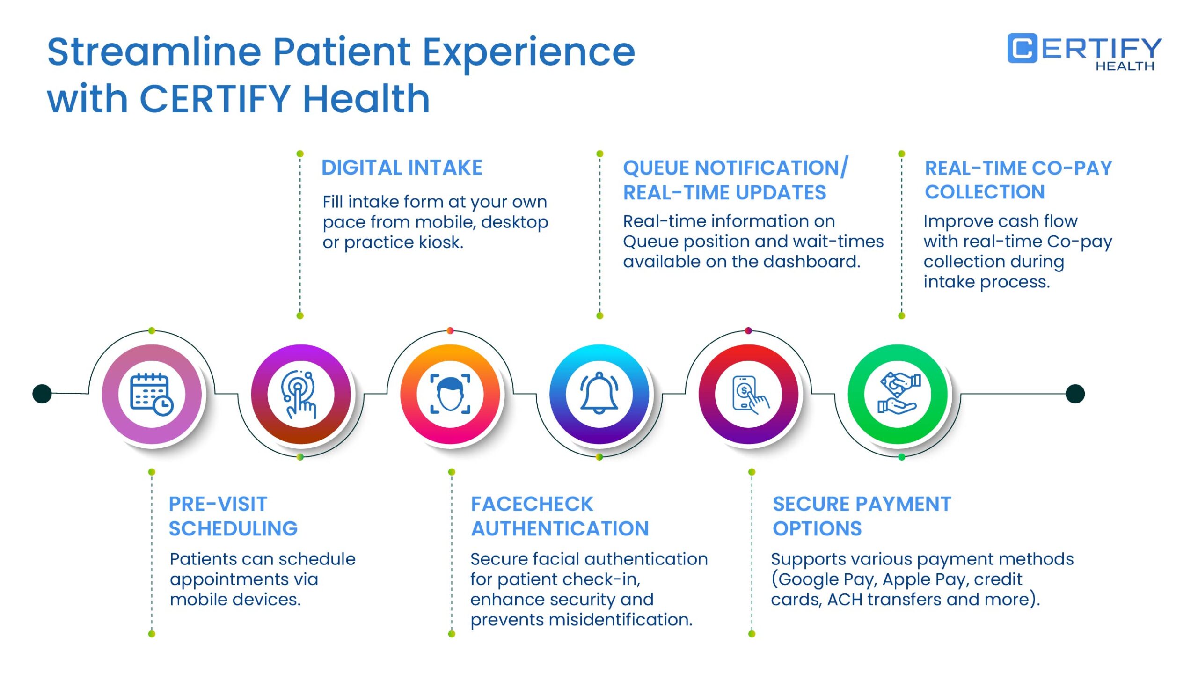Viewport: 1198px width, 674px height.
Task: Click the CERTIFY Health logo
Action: click(1084, 52)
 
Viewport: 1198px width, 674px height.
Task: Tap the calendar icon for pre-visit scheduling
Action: click(152, 394)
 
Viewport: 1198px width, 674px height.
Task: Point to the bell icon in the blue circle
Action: click(599, 393)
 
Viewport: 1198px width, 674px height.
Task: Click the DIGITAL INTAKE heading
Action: click(402, 168)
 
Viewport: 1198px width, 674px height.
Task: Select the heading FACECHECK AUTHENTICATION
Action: click(560, 516)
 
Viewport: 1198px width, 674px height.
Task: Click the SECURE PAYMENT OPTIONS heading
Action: click(862, 516)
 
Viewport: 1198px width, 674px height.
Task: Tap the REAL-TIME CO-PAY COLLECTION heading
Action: click(1018, 180)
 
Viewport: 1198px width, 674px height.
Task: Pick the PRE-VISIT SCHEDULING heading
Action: click(233, 516)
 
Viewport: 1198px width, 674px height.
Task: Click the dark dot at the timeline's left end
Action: click(42, 394)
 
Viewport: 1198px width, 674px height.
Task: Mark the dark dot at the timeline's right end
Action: click(1075, 394)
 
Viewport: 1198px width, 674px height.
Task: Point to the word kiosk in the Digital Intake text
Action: click(441, 242)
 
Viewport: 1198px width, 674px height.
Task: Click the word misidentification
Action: click(621, 620)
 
